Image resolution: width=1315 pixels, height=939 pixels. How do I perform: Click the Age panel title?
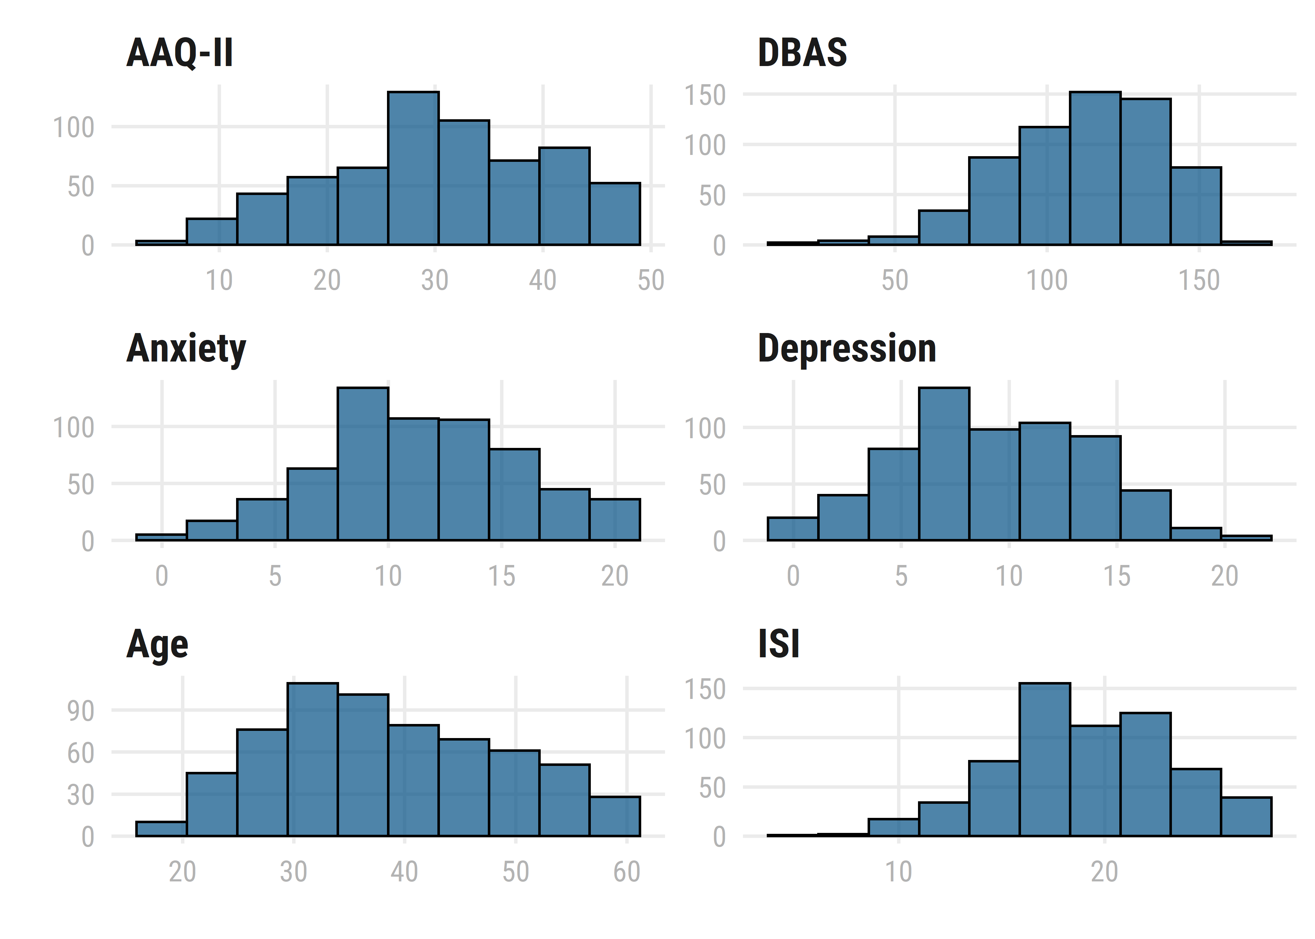[x=157, y=645]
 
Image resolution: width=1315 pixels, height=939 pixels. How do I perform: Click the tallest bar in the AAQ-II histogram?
[x=413, y=168]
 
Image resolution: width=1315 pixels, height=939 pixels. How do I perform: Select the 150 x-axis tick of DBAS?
[x=1199, y=280]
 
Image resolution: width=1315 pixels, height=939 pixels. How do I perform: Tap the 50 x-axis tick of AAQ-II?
[x=651, y=280]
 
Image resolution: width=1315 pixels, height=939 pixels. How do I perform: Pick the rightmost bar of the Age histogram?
[x=615, y=816]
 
